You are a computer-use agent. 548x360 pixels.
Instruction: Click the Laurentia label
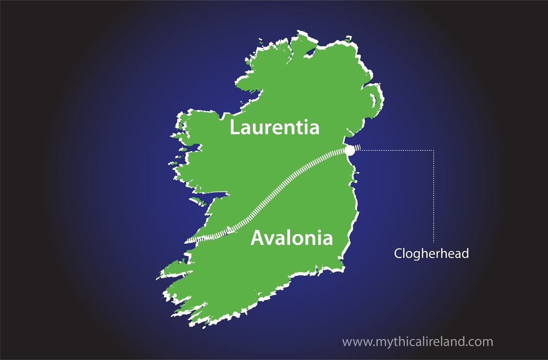274,127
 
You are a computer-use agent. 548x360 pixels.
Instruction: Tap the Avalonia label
291,238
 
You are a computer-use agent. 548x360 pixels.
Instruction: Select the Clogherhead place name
431,253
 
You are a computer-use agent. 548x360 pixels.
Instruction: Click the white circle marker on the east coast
350,150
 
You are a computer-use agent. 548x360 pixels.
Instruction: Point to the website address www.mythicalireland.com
417,342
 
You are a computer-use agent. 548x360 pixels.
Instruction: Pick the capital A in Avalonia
257,238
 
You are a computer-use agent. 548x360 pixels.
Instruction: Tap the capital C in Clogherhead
398,253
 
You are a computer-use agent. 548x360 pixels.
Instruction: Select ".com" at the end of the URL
481,343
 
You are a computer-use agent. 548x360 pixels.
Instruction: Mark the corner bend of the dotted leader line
434,150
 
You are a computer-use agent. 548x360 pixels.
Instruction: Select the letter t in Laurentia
299,128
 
